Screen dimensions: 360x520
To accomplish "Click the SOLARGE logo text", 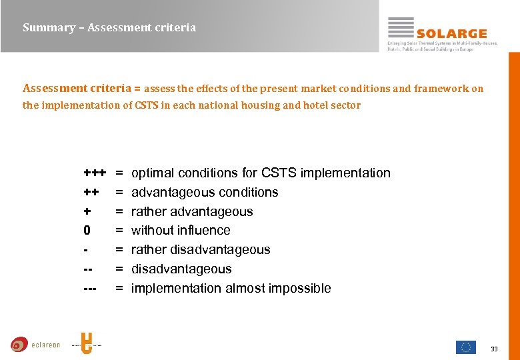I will [x=451, y=33].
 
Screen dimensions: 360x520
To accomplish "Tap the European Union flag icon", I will [x=465, y=347].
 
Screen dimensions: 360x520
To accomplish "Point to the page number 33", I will [x=494, y=349].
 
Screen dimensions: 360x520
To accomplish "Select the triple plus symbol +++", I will [x=95, y=173].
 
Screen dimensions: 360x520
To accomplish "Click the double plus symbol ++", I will [x=91, y=193].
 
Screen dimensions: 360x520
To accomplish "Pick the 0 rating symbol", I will [x=87, y=231].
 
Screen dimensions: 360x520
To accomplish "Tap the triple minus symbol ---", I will [x=90, y=289].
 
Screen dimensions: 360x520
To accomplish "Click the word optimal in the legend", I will [x=152, y=173].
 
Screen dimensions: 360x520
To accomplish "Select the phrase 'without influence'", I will [x=181, y=231].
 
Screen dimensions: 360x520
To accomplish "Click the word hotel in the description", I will [x=316, y=105].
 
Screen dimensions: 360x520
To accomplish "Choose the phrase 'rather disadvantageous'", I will [x=201, y=250].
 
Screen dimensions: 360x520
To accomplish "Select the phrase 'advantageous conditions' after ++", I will [x=205, y=193].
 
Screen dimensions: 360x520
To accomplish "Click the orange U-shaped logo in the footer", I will [x=86, y=343].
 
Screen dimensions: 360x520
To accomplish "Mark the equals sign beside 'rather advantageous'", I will [x=119, y=212].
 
